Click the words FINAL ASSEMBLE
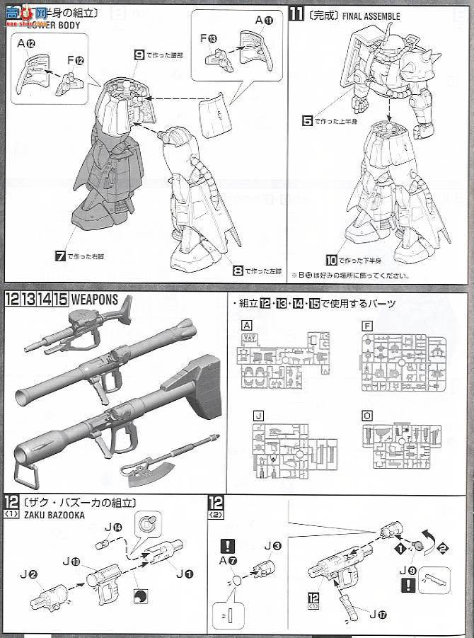pyautogui.click(x=371, y=16)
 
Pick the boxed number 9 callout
pyautogui.click(x=139, y=55)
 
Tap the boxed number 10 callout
pyautogui.click(x=332, y=261)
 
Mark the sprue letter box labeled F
pyautogui.click(x=366, y=326)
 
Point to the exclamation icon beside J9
pyautogui.click(x=406, y=584)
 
